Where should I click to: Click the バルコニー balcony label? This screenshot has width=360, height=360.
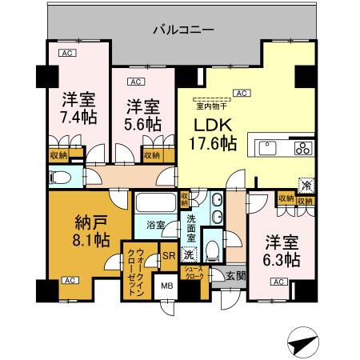click(183, 30)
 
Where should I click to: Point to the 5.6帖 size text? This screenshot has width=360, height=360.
click(142, 124)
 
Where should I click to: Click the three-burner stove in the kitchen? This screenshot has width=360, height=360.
click(304, 148)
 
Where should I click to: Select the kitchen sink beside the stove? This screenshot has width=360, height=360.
click(267, 148)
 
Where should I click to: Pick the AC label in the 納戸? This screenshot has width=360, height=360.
click(69, 281)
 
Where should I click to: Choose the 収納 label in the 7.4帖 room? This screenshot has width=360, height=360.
click(58, 155)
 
